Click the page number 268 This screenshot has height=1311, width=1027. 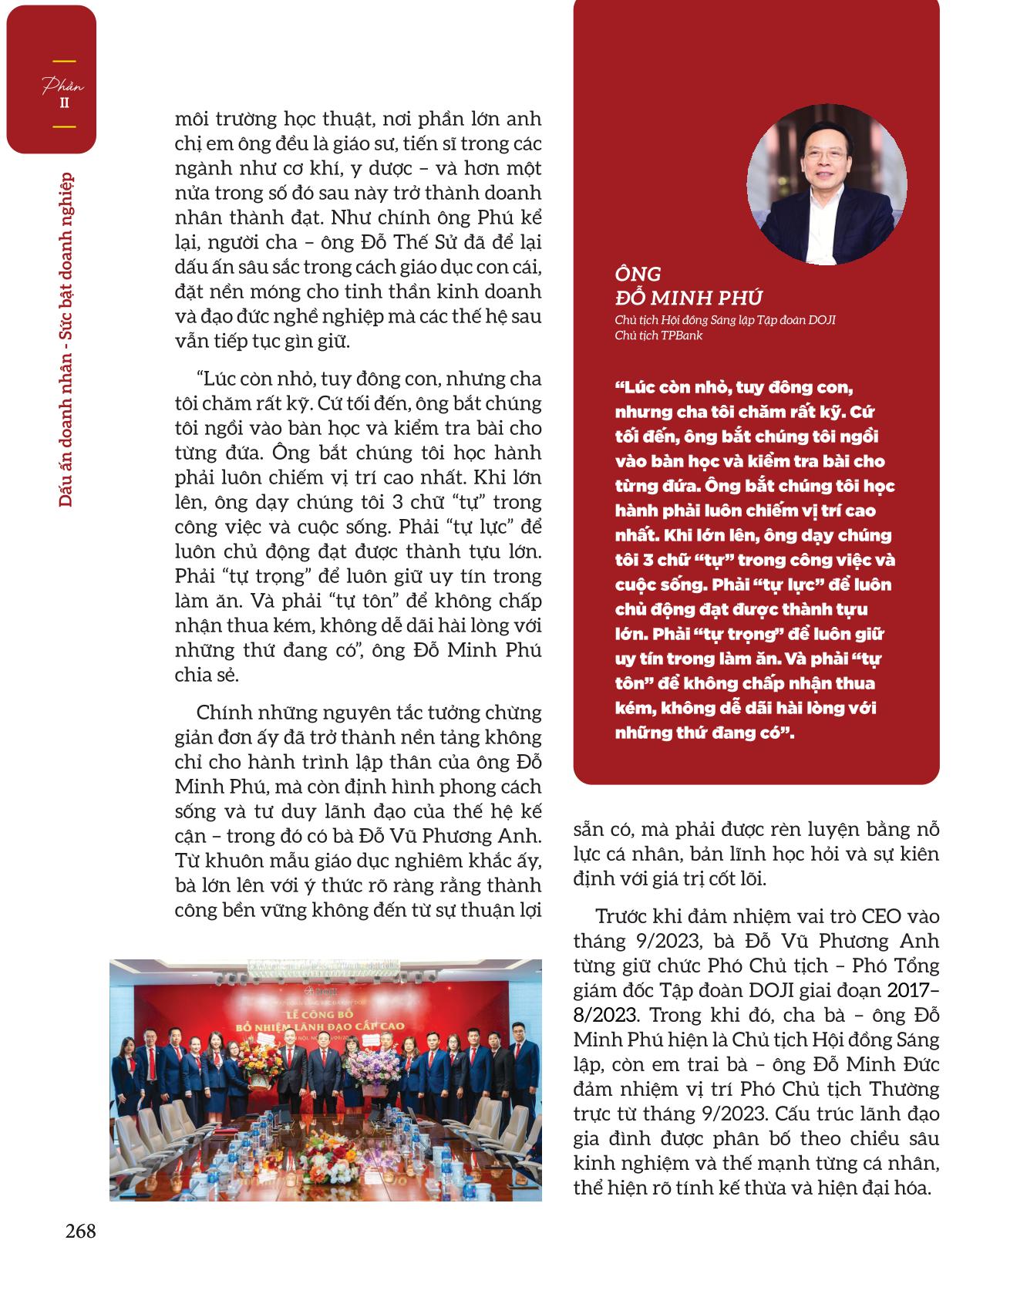tap(80, 1231)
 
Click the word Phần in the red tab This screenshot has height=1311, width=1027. tap(63, 86)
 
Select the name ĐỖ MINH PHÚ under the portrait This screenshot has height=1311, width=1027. tap(689, 298)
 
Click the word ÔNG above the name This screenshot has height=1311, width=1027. tap(638, 275)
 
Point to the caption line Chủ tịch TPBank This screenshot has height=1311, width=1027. tap(658, 336)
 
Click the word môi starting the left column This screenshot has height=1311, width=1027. tap(193, 120)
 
